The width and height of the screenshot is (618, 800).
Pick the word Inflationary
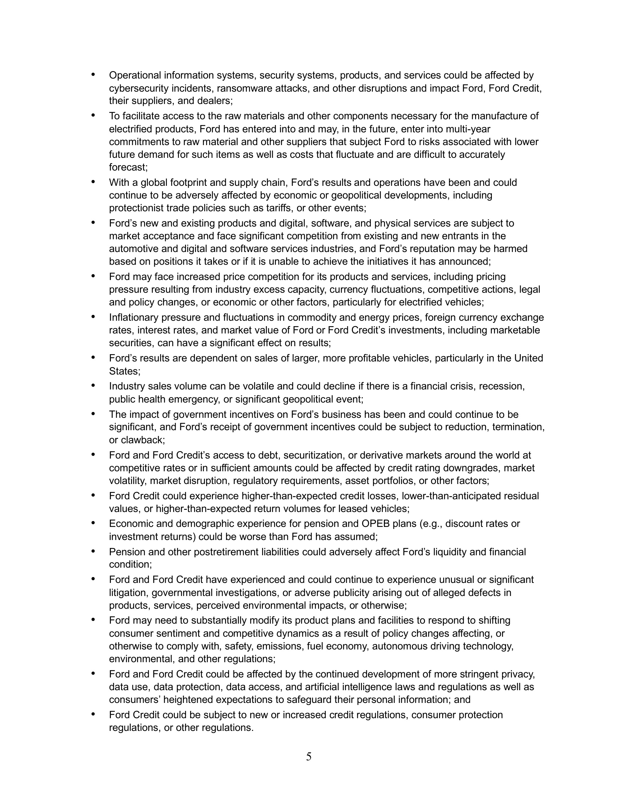click(x=134, y=317)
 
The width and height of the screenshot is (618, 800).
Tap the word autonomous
click(x=397, y=646)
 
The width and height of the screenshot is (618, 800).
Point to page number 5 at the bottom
click(x=309, y=756)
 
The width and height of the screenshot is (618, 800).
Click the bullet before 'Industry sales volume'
click(x=93, y=385)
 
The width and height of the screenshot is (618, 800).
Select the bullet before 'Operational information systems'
click(x=93, y=75)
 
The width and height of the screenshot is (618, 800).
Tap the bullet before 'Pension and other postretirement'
click(x=93, y=551)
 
